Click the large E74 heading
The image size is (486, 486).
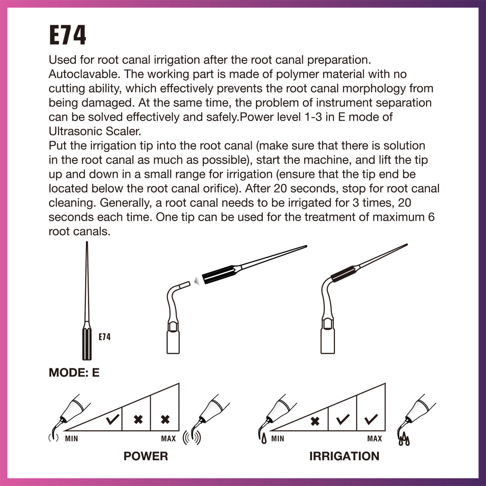click(68, 36)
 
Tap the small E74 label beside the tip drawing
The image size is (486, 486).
click(104, 337)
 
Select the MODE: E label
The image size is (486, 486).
click(74, 373)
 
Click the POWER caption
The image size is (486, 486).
click(145, 456)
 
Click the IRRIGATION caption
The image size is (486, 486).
click(344, 456)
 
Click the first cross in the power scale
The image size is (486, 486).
click(138, 420)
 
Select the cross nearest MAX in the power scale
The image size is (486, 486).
click(165, 420)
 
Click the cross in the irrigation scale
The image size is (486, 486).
click(314, 422)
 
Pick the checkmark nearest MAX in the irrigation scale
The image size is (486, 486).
click(371, 420)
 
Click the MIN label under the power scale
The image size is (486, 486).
click(72, 439)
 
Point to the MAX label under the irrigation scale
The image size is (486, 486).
click(374, 439)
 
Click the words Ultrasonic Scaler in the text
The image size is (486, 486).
click(94, 131)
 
